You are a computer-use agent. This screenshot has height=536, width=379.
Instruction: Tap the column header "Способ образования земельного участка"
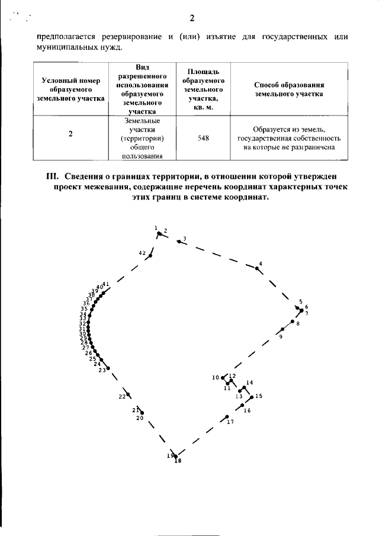pyautogui.click(x=288, y=89)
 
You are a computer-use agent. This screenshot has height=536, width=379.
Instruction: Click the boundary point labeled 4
pyautogui.click(x=257, y=268)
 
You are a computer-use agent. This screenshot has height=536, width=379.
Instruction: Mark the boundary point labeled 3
pyautogui.click(x=179, y=241)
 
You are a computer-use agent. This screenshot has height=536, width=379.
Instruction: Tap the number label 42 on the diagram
pyautogui.click(x=142, y=253)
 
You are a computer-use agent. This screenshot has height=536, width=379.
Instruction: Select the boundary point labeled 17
pyautogui.click(x=227, y=417)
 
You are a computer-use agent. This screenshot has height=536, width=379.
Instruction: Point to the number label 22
pyautogui.click(x=121, y=396)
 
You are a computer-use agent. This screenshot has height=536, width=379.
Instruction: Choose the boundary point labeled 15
pyautogui.click(x=252, y=397)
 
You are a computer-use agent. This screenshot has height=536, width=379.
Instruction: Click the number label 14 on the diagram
pyautogui.click(x=249, y=383)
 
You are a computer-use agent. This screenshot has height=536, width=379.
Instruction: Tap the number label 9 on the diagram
pyautogui.click(x=281, y=336)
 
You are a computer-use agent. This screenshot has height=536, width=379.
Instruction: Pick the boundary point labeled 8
pyautogui.click(x=292, y=321)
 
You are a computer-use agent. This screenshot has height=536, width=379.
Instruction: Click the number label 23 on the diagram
pyautogui.click(x=102, y=370)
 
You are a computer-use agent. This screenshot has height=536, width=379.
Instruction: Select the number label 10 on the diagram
pyautogui.click(x=216, y=377)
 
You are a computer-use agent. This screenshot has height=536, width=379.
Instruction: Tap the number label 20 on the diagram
pyautogui.click(x=140, y=418)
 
